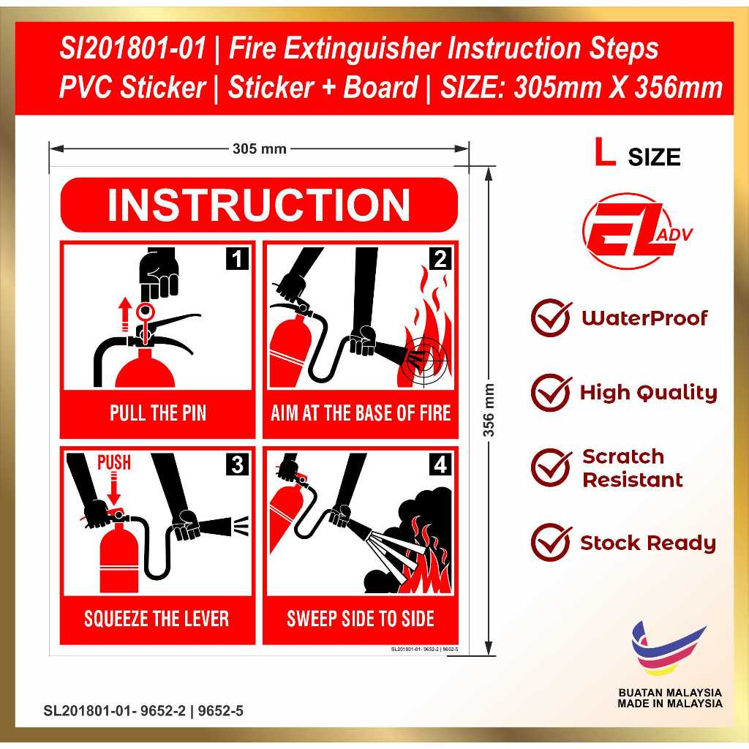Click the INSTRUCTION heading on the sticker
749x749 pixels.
click(259, 206)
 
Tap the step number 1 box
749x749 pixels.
click(237, 259)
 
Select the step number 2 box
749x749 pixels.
click(440, 259)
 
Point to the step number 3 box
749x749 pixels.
click(237, 464)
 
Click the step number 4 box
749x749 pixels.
click(440, 464)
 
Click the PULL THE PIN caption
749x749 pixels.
click(158, 413)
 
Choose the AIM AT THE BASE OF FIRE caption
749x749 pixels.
click(361, 413)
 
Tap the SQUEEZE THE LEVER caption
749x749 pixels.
click(157, 619)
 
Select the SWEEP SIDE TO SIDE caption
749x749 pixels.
click(361, 619)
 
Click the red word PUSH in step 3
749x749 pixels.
click(114, 462)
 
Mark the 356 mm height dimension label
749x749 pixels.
click(489, 410)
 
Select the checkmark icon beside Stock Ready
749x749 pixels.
click(551, 543)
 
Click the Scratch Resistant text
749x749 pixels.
click(632, 468)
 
